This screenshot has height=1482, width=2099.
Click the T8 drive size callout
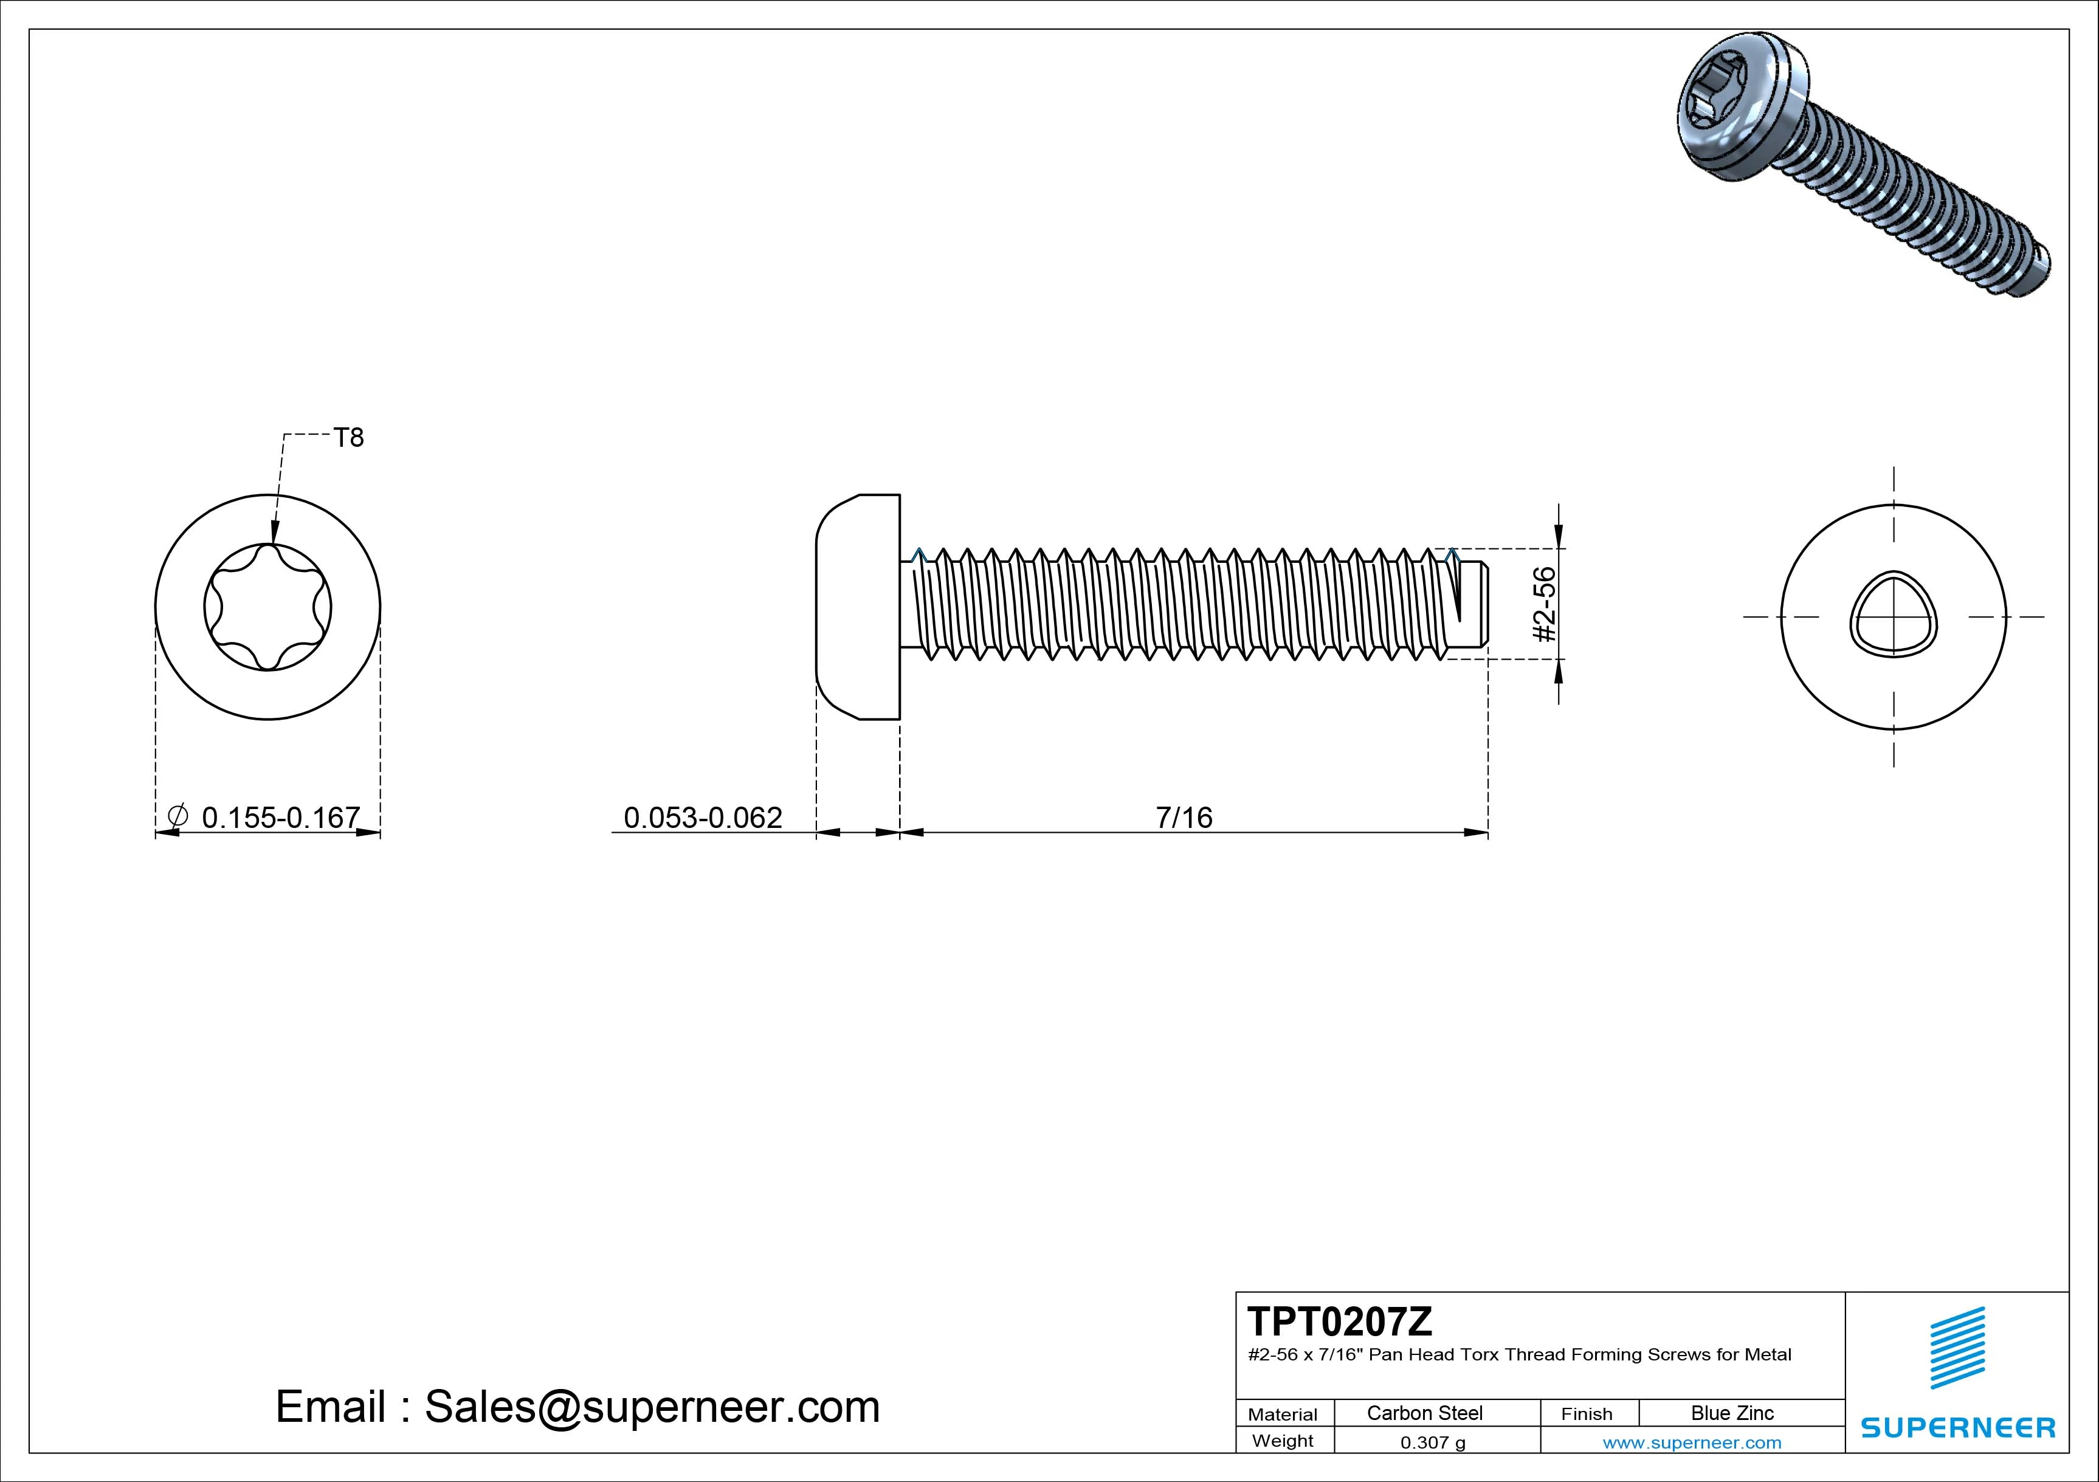point(348,438)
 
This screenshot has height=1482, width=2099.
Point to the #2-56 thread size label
point(1544,604)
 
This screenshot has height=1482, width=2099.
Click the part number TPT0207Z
point(1339,1321)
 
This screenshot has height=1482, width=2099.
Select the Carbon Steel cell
point(1424,1413)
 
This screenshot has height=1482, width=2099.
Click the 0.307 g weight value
point(1433,1442)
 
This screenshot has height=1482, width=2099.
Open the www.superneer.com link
point(1691,1442)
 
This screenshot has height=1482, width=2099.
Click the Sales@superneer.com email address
point(652,1406)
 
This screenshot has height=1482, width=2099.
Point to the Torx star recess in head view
point(267,607)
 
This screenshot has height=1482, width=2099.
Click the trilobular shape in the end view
point(1894,615)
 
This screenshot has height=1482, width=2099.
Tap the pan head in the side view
point(858,607)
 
